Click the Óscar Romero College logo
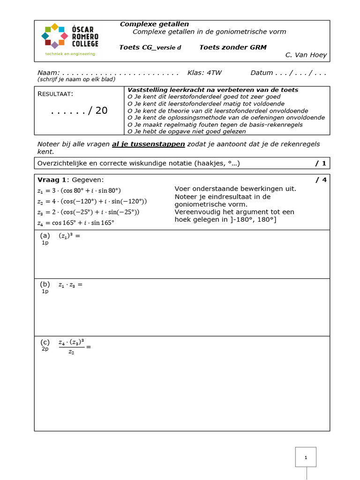tap(70, 39)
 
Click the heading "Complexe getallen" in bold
tap(154, 24)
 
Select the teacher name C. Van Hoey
tap(306, 55)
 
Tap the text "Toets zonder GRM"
tap(232, 47)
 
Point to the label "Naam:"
tap(48, 73)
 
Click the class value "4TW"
tap(214, 73)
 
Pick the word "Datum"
tap(262, 73)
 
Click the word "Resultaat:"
tap(55, 94)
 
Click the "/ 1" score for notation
tap(321, 163)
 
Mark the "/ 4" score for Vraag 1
tap(321, 180)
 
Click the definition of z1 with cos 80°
tap(79, 191)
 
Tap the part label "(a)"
tap(45, 236)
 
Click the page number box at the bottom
tap(306, 457)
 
